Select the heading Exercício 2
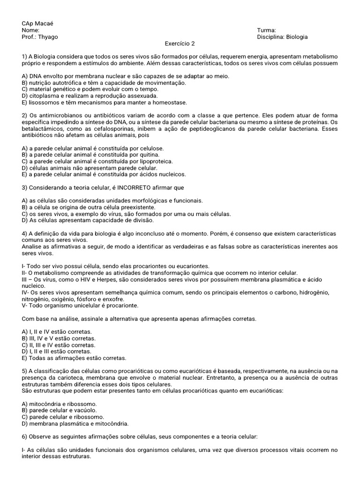click(180, 44)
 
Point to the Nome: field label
click(30, 30)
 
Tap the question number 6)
click(25, 437)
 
